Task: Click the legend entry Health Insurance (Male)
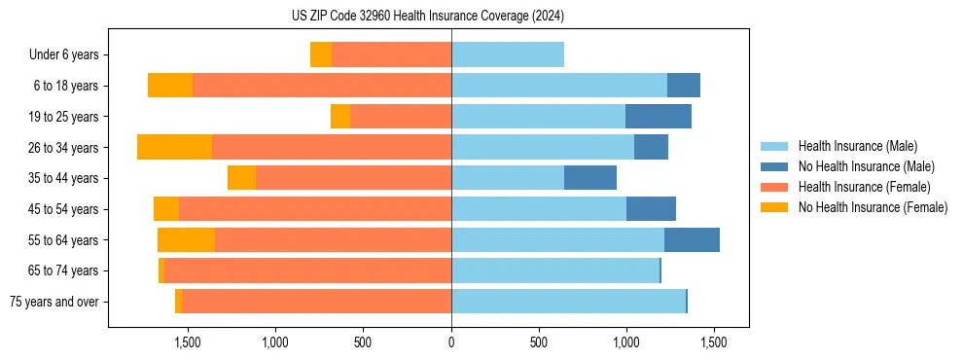[857, 146]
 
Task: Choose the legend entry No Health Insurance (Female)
[873, 207]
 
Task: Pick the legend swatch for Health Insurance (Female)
[775, 187]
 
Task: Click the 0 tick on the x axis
[451, 342]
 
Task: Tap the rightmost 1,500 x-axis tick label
[714, 342]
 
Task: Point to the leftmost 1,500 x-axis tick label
[188, 342]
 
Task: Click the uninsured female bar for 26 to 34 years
[174, 147]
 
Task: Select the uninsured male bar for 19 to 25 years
[658, 117]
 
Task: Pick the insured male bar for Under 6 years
[508, 55]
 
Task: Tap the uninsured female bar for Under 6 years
[321, 55]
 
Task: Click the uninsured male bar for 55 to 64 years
[692, 239]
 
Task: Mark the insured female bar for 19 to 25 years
[400, 117]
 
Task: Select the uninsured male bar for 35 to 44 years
[590, 178]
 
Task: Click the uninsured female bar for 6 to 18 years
[170, 86]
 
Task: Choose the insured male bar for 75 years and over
[568, 302]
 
